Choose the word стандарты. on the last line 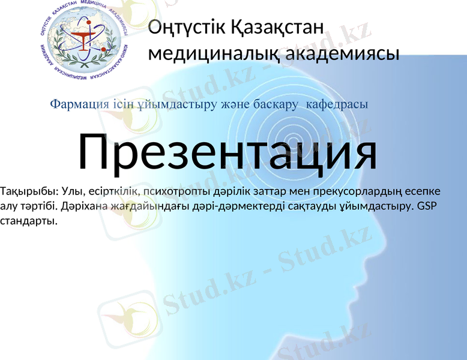pyautogui.click(x=29, y=221)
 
